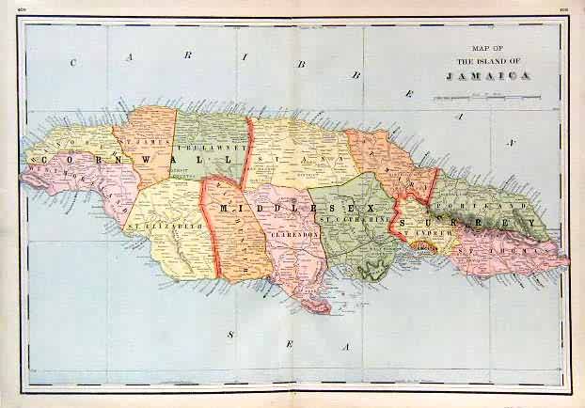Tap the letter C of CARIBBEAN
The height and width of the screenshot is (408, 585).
(x=72, y=62)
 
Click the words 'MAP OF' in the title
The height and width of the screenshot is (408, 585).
(x=485, y=51)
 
